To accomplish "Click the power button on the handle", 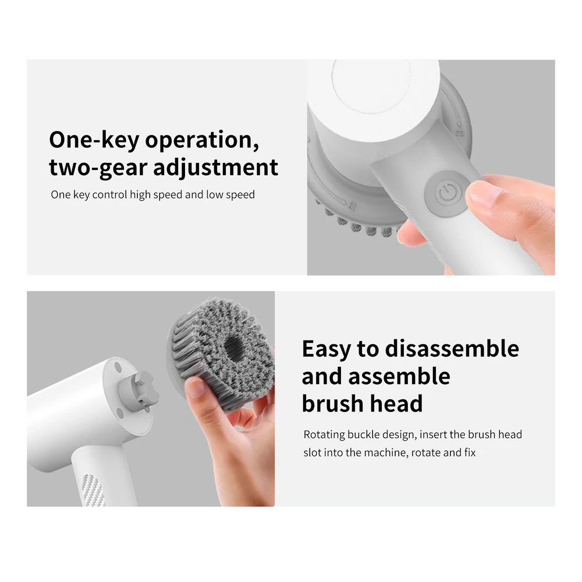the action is (x=447, y=193).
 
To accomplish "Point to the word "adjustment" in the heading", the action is (x=215, y=168).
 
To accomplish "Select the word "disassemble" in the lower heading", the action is (x=452, y=349).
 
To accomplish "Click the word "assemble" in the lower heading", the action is (x=399, y=376).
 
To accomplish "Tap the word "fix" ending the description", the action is (x=470, y=452).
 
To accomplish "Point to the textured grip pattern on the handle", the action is (x=93, y=490).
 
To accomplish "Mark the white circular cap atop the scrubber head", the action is (x=371, y=87).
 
